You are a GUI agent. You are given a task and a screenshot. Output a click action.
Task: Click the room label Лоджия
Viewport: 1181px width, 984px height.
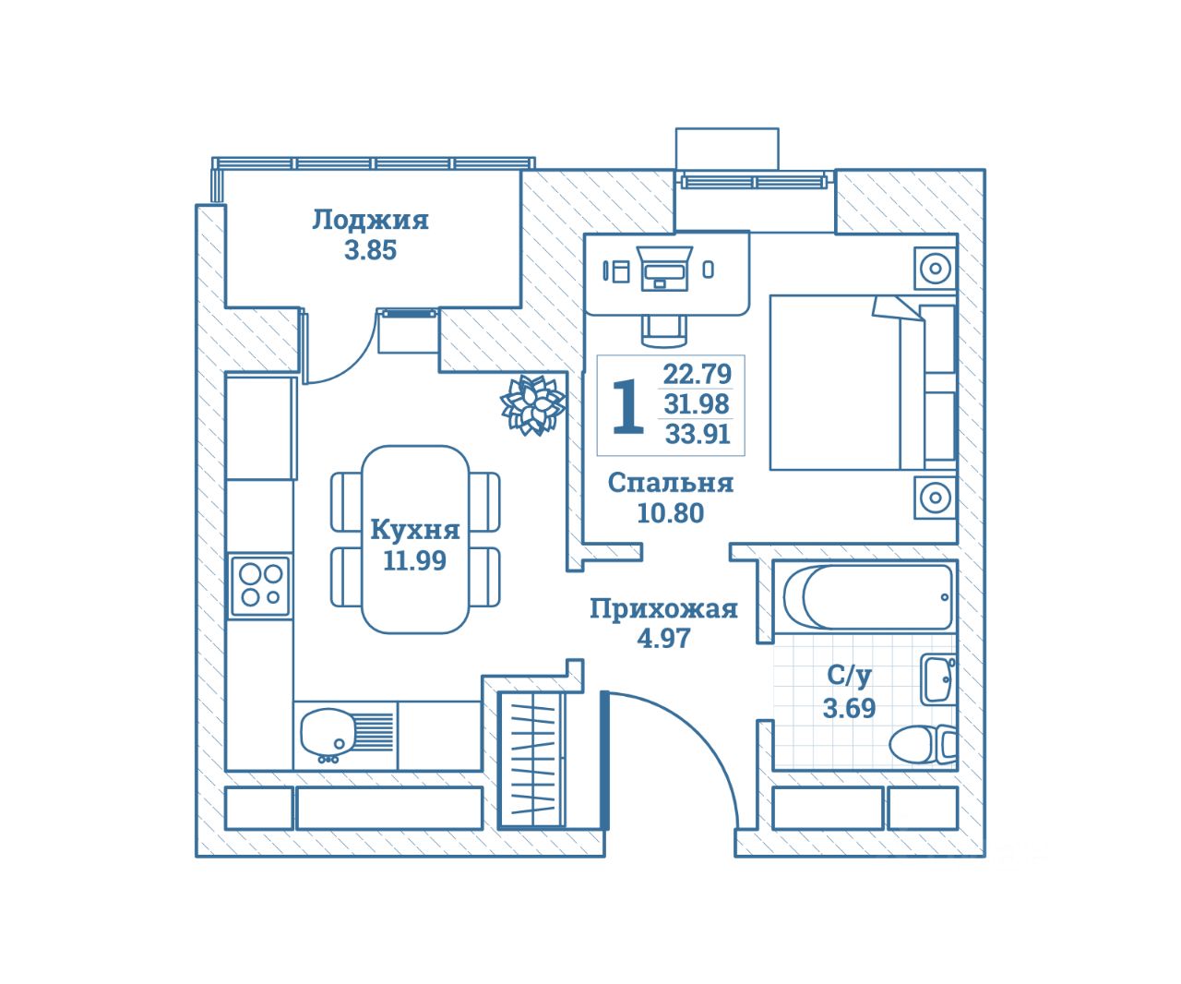tap(370, 220)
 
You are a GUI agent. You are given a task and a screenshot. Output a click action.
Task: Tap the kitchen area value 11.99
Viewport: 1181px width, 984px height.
tap(415, 560)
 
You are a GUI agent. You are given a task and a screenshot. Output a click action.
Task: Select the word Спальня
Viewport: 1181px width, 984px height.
tap(671, 483)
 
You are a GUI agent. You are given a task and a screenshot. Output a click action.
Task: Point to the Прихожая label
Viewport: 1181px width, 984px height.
tap(663, 609)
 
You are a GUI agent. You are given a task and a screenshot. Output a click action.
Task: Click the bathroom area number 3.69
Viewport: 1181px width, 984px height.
tap(849, 708)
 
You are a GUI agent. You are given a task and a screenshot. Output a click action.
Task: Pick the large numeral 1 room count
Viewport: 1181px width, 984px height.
tap(627, 406)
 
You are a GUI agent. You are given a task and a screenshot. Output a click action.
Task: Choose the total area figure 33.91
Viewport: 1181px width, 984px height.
tap(698, 434)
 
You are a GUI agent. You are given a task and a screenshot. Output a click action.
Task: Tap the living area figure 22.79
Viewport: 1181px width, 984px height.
tap(697, 374)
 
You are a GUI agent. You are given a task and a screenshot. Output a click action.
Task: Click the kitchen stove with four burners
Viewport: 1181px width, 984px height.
tap(259, 586)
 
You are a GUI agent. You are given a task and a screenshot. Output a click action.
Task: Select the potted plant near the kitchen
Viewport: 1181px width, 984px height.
tap(532, 404)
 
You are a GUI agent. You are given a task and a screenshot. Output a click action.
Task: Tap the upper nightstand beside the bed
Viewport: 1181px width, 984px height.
tap(935, 270)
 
